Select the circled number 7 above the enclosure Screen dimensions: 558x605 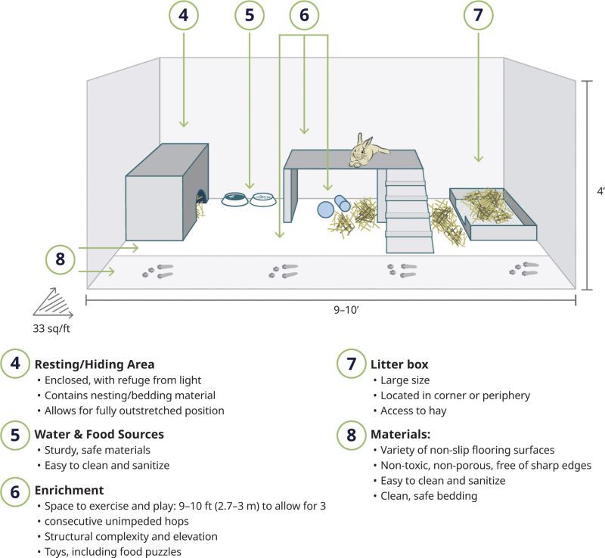[x=478, y=15]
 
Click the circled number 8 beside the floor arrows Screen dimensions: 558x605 [x=60, y=259]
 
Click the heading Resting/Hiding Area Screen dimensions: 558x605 [x=95, y=364]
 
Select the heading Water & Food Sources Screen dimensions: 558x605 [x=99, y=435]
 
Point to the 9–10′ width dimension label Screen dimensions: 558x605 [x=331, y=309]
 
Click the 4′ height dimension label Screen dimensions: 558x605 [x=597, y=192]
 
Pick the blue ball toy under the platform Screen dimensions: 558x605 [x=326, y=209]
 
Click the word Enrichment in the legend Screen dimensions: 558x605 [x=69, y=491]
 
